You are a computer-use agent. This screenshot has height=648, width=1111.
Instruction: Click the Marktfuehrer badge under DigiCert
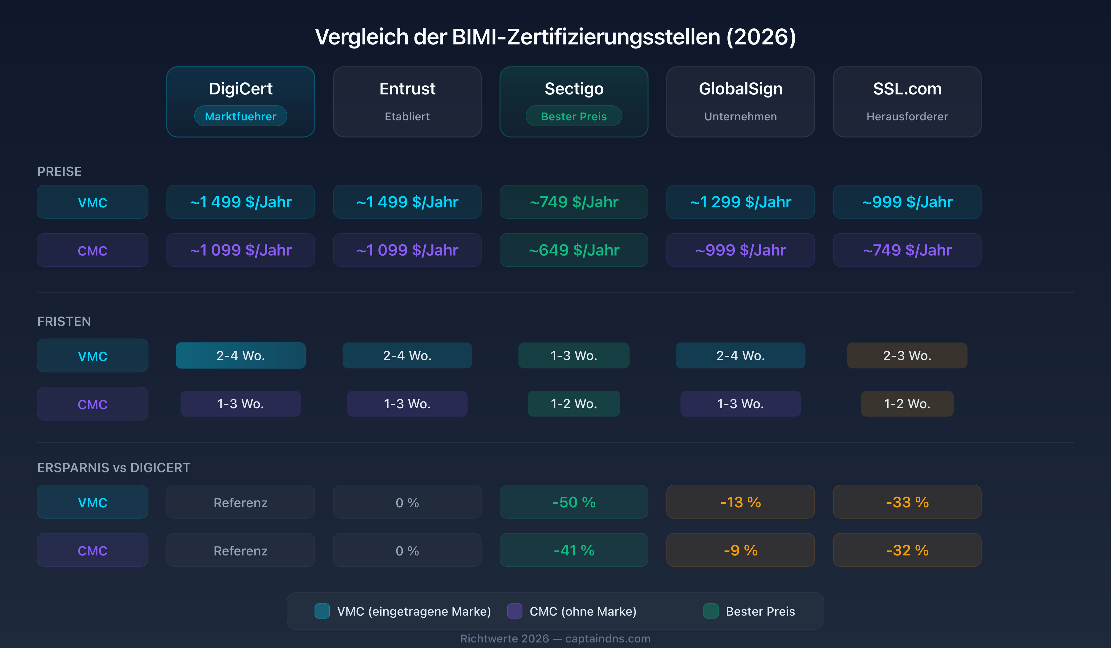pyautogui.click(x=240, y=116)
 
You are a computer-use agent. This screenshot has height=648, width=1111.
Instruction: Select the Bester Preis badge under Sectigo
pyautogui.click(x=574, y=116)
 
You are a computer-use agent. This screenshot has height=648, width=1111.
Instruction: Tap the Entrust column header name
pyautogui.click(x=407, y=89)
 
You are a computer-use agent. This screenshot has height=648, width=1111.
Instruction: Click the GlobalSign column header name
pyautogui.click(x=740, y=89)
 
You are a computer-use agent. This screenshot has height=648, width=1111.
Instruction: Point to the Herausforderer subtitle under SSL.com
pyautogui.click(x=907, y=116)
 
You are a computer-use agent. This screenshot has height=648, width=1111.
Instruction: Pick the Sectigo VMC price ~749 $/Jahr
pyautogui.click(x=574, y=202)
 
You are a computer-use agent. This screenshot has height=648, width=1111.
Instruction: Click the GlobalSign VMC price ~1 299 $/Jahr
pyautogui.click(x=740, y=202)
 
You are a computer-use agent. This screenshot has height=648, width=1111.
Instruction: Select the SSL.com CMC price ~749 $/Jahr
pyautogui.click(x=907, y=250)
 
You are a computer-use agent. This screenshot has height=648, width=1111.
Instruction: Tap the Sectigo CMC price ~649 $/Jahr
pyautogui.click(x=574, y=250)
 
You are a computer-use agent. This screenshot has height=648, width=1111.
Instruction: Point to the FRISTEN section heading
pyautogui.click(x=64, y=321)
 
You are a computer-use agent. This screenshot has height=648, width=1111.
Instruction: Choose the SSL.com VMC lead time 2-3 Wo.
pyautogui.click(x=907, y=355)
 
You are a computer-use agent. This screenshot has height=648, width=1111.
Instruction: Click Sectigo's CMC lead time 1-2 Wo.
pyautogui.click(x=574, y=403)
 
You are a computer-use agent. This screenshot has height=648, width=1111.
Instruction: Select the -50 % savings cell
pyautogui.click(x=574, y=502)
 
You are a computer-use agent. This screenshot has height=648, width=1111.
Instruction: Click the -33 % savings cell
pyautogui.click(x=907, y=502)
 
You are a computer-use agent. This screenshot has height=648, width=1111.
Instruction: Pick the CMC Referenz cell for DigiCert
pyautogui.click(x=240, y=550)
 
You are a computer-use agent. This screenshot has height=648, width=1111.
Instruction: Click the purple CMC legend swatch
pyautogui.click(x=514, y=611)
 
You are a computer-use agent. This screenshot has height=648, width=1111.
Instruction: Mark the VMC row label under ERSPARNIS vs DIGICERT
pyautogui.click(x=92, y=502)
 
